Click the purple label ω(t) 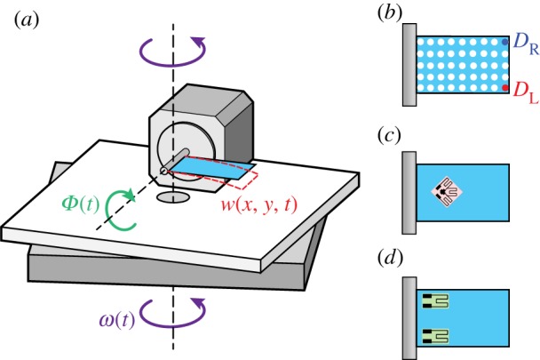point(115,317)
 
